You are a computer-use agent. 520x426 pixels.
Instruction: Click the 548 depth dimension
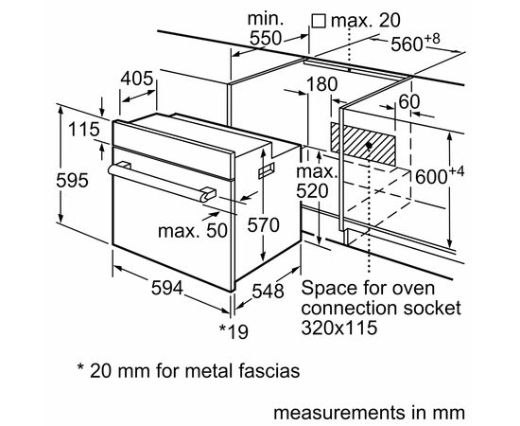pyautogui.click(x=267, y=291)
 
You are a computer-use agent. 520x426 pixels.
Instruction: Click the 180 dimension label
pyautogui.click(x=321, y=85)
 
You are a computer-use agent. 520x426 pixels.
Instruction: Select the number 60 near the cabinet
pyautogui.click(x=409, y=101)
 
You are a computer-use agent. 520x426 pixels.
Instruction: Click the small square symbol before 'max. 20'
pyautogui.click(x=319, y=20)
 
